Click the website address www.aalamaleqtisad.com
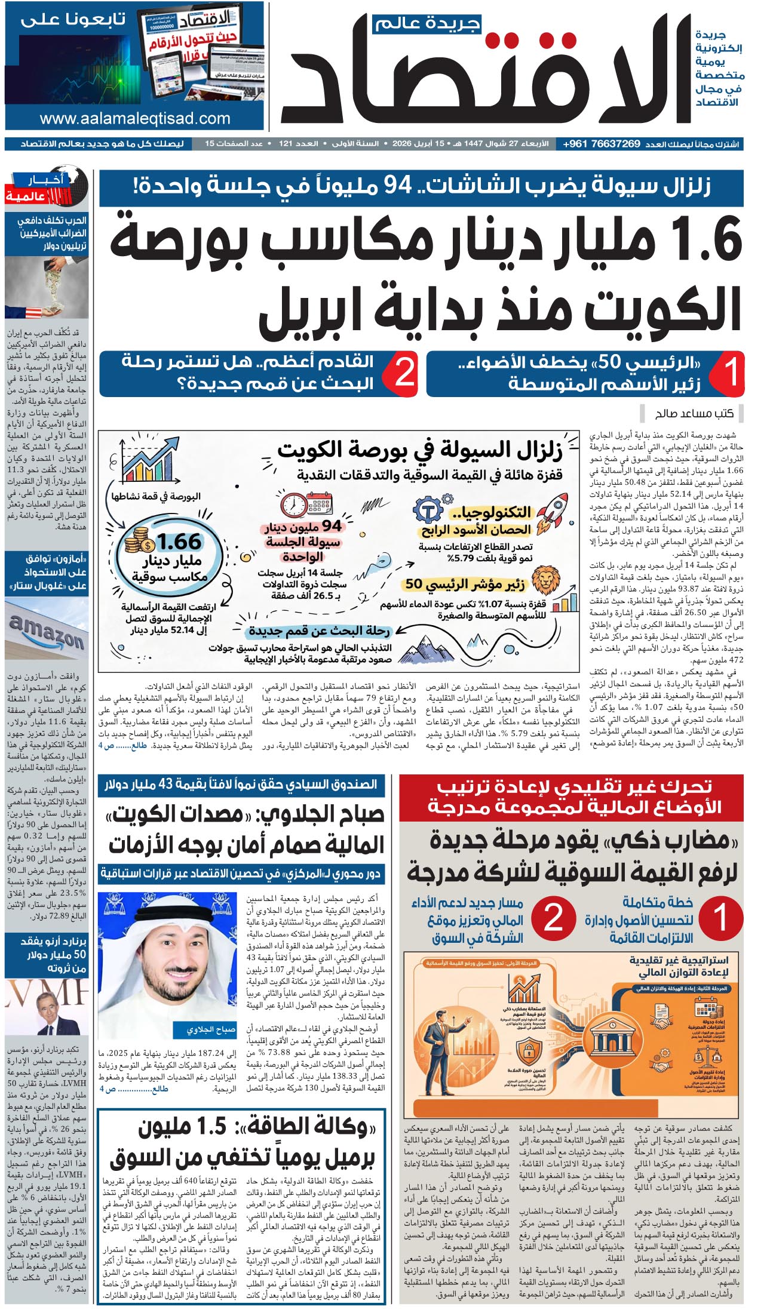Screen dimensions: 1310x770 (135, 118)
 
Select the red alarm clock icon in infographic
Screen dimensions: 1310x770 (293, 505)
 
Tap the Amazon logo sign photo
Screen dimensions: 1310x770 (47, 633)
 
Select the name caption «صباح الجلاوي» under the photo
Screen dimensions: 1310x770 (203, 1029)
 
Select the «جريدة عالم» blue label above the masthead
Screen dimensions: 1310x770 (427, 24)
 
